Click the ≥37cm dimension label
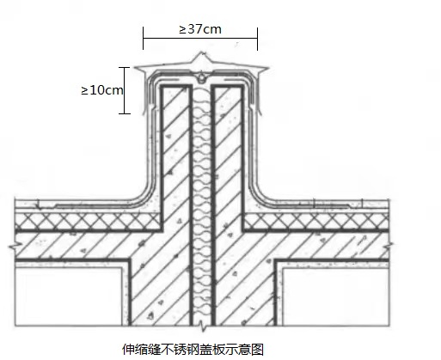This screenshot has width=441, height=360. point(200,29)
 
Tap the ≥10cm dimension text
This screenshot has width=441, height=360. point(102,90)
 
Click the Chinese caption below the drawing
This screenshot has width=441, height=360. point(193,350)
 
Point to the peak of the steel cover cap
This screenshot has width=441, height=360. point(203,52)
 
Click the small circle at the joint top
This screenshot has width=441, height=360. point(202,77)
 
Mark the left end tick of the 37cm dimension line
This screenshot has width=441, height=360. point(144,38)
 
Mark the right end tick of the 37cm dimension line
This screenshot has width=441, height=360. point(257,39)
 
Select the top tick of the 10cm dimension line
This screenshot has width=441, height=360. point(124,68)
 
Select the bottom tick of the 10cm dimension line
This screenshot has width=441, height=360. point(125,113)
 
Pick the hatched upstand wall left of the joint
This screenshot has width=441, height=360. point(175,155)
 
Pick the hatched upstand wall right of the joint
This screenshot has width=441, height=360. point(228,155)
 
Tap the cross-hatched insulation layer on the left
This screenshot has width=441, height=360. point(88,221)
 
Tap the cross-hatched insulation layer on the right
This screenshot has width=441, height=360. point(316,221)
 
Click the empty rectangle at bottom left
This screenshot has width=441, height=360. point(69,296)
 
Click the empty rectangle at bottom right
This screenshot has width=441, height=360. point(335,296)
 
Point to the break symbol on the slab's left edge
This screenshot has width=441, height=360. point(15,246)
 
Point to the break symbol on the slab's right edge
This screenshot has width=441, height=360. point(389,245)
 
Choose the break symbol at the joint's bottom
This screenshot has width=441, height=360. point(203,326)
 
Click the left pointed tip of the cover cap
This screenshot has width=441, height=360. point(135,68)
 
